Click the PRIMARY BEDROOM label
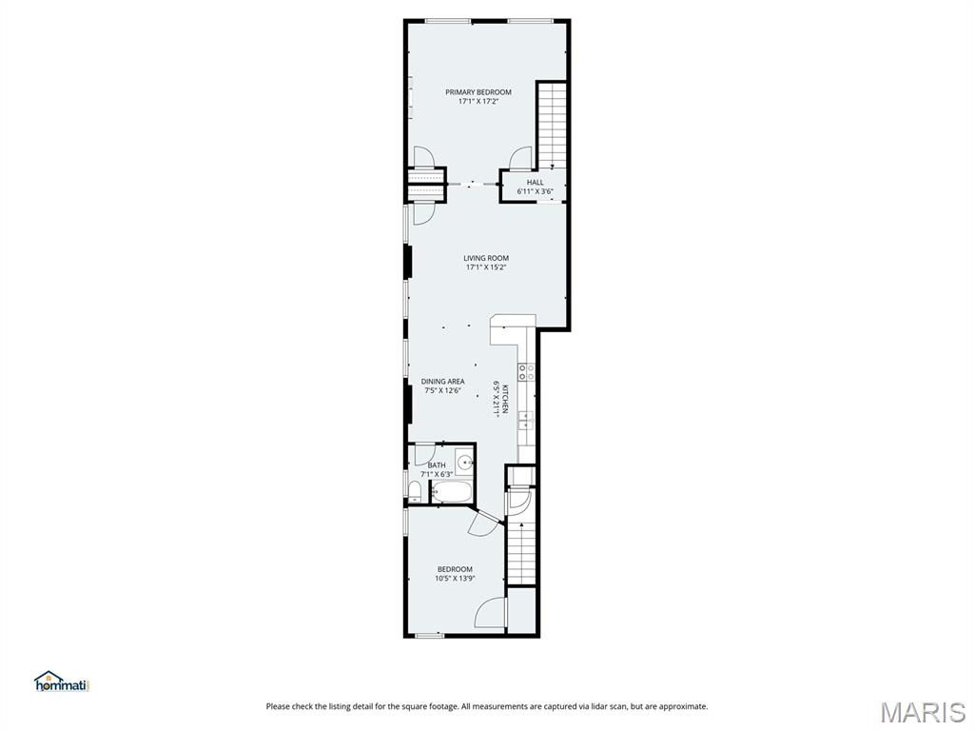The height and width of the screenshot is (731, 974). click(478, 92)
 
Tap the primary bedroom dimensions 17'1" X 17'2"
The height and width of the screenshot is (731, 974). click(478, 101)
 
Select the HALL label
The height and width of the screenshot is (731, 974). click(536, 182)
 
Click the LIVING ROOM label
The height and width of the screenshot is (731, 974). click(486, 258)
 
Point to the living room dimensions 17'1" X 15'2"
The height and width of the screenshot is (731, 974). click(486, 267)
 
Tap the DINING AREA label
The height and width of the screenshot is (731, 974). click(442, 382)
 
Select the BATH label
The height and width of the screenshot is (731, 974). click(436, 465)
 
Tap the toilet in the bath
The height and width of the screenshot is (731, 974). click(415, 490)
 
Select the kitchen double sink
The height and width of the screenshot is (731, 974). click(526, 420)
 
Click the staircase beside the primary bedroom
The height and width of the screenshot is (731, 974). click(552, 124)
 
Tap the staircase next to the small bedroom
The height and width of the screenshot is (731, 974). click(521, 552)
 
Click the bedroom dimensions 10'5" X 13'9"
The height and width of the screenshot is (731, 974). click(455, 578)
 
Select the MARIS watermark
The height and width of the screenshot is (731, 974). click(922, 710)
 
